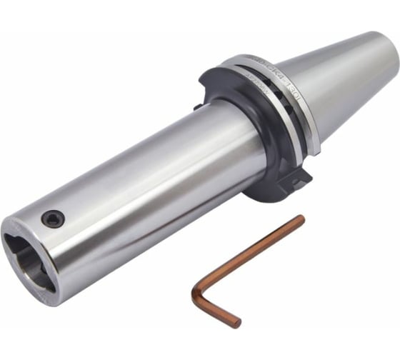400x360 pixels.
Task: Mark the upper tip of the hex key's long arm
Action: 301,219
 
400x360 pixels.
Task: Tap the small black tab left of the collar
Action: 196,107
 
